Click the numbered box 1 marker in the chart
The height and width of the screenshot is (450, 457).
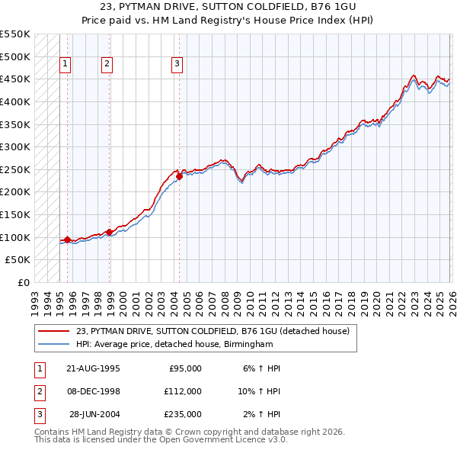pos(66,64)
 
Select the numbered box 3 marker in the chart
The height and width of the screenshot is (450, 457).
pos(176,64)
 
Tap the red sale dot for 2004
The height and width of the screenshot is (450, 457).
pos(179,176)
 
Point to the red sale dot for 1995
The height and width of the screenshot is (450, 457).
pos(67,239)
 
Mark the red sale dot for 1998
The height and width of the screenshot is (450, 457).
pos(109,232)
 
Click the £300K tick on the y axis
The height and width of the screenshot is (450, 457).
pos(15,146)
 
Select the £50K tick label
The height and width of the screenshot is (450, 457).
pos(18,259)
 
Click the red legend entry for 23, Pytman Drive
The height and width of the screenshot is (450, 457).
pos(213,331)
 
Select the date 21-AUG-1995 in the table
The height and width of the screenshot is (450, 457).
pos(93,368)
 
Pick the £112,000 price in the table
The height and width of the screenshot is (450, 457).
pos(184,391)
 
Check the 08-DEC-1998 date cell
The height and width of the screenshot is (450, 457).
pos(93,391)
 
